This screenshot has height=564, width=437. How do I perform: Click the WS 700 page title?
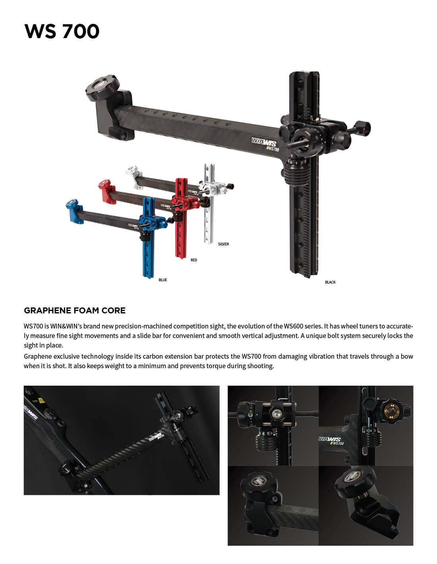click(x=62, y=31)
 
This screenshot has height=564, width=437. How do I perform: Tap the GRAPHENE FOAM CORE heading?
click(x=75, y=311)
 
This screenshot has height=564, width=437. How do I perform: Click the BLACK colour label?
click(x=330, y=282)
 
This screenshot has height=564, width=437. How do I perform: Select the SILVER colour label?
click(x=223, y=244)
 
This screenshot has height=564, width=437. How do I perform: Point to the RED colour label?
click(x=194, y=260)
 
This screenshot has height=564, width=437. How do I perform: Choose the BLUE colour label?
click(x=163, y=280)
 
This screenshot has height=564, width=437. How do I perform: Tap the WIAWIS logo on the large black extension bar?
click(x=264, y=142)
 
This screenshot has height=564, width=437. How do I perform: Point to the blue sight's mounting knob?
click(x=72, y=204)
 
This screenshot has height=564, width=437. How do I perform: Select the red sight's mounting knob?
click(x=104, y=184)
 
